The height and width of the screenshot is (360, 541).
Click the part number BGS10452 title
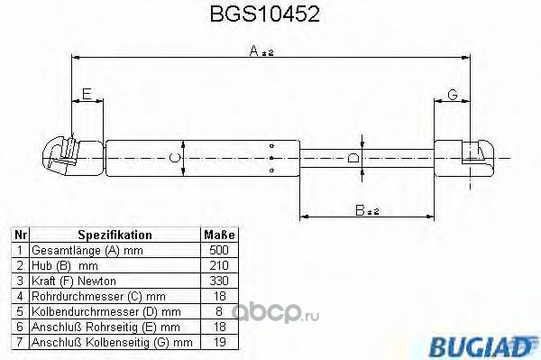tap(264, 14)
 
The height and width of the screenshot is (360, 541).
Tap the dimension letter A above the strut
tap(254, 51)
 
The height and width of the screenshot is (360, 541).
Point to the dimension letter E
tap(87, 94)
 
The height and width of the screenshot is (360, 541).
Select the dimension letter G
tap(452, 94)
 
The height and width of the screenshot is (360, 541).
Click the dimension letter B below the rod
tap(360, 210)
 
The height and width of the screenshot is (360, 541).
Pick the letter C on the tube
tap(175, 158)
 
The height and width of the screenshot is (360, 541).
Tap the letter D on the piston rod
tap(353, 159)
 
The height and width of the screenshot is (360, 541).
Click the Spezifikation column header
tap(115, 235)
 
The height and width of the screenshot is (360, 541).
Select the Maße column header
tap(219, 235)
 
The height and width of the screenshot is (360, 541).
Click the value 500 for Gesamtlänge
tap(219, 250)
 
